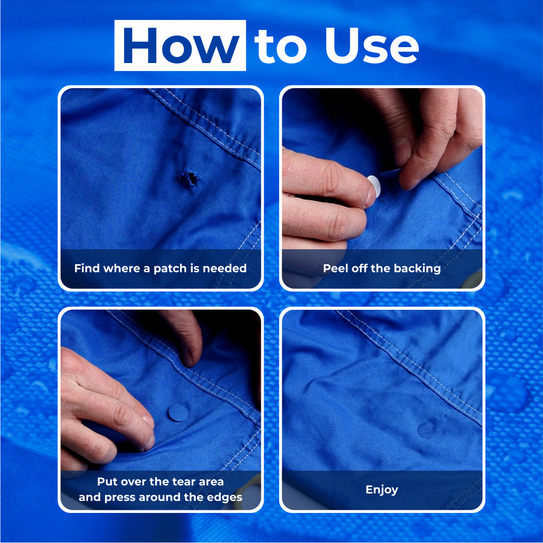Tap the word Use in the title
pyautogui.click(x=372, y=46)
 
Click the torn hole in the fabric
pyautogui.click(x=190, y=178)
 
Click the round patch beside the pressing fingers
pyautogui.click(x=178, y=413)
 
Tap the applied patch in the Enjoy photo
pyautogui.click(x=426, y=429)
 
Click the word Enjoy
pyautogui.click(x=382, y=489)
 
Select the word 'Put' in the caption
pyautogui.click(x=105, y=482)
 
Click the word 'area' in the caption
pyautogui.click(x=211, y=482)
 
